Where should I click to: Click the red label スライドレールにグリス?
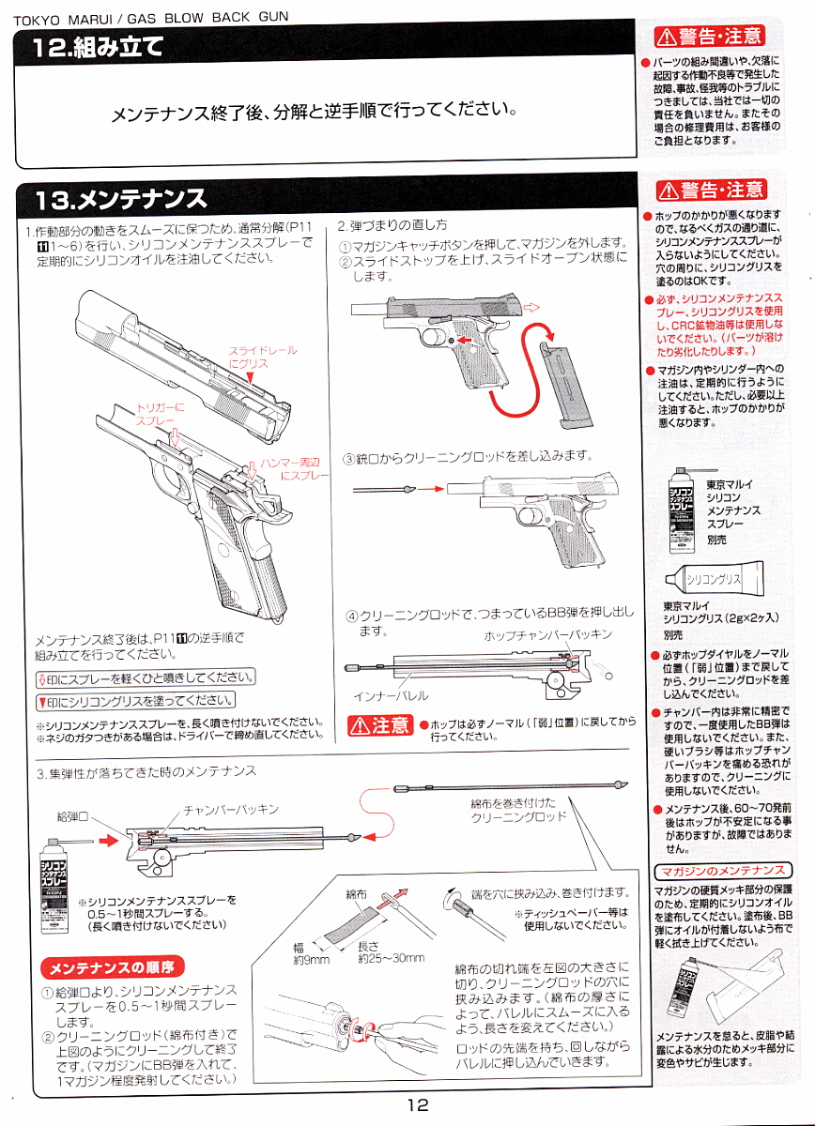(263, 357)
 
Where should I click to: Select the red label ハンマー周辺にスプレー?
(300, 470)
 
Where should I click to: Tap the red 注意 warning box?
(379, 724)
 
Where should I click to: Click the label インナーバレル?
(391, 696)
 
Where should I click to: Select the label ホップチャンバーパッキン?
(547, 635)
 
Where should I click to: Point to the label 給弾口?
(72, 817)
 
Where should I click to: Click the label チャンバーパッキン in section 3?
(230, 809)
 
